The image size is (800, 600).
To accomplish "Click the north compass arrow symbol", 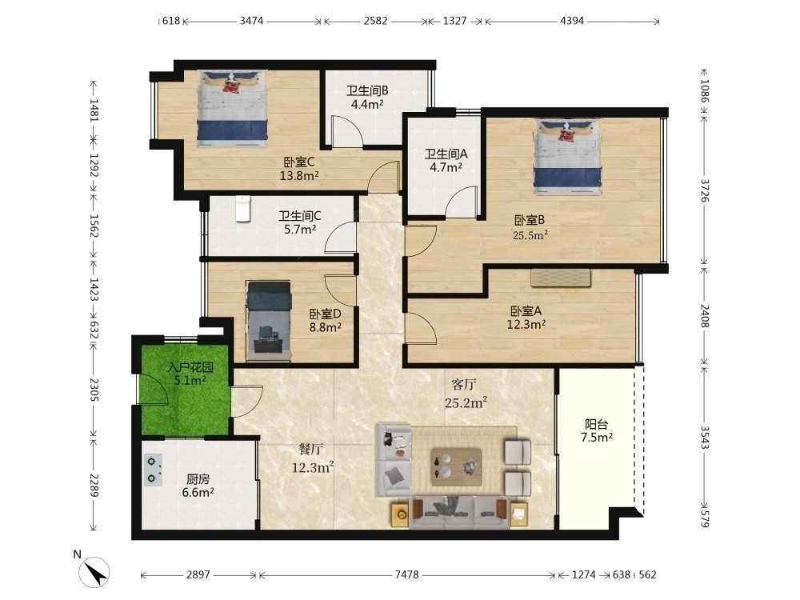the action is [94, 572].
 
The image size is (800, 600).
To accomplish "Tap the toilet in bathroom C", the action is [242, 209].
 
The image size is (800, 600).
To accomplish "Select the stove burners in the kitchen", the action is [153, 470].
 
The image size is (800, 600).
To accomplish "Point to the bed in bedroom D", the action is [268, 322].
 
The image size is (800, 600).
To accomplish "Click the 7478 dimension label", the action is [406, 574].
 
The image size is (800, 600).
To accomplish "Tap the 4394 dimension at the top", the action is [572, 21].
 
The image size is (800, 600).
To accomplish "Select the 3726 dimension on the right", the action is [704, 190].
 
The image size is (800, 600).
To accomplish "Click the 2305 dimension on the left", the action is [94, 390].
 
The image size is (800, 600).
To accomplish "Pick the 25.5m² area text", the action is [530, 234].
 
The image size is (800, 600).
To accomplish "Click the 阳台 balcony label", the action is [597, 424].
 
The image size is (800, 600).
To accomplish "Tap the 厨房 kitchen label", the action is [198, 479].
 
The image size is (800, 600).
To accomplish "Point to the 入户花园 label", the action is [190, 367].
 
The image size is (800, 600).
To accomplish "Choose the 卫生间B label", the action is [367, 91].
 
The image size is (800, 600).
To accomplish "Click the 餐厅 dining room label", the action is [310, 449].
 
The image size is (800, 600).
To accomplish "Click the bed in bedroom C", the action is [233, 109].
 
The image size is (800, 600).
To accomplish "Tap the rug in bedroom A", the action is [561, 278].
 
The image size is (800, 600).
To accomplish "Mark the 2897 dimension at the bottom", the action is [198, 574].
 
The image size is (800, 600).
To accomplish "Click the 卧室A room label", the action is [526, 310].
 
